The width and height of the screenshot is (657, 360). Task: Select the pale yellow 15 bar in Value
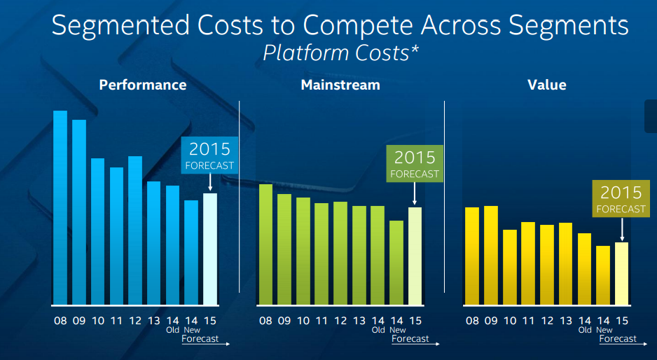(x=622, y=273)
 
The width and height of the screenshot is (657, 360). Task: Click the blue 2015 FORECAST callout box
(x=209, y=155)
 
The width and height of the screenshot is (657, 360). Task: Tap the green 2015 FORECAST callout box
(x=415, y=164)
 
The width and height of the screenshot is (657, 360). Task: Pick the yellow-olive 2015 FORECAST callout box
(x=621, y=199)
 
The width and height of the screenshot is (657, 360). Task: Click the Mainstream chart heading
(x=340, y=85)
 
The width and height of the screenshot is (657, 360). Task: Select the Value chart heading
(x=547, y=85)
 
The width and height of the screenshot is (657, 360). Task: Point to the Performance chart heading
(x=143, y=85)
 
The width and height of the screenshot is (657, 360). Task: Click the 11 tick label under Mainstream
(x=321, y=321)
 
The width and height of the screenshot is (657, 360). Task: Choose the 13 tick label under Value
(x=566, y=321)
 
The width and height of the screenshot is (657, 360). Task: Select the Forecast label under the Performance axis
(x=200, y=338)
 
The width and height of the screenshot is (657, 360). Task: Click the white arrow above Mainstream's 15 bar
(x=415, y=194)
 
